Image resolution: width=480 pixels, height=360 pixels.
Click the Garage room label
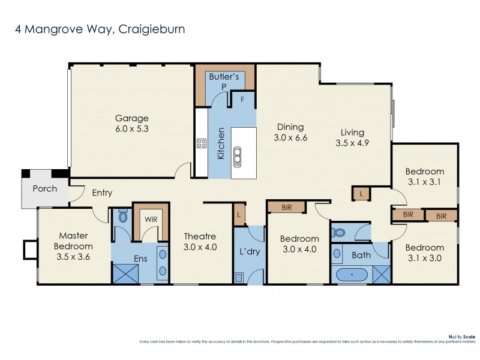[x=131, y=118]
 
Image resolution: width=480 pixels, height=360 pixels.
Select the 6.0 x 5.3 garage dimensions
[x=131, y=129]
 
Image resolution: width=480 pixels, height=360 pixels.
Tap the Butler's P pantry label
[x=224, y=81]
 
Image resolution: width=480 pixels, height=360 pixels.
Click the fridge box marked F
[x=242, y=100]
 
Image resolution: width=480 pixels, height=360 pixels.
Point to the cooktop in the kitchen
[x=202, y=143]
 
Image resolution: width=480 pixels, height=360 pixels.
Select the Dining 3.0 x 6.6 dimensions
[x=290, y=138]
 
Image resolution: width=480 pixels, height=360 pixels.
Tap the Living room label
[x=352, y=133]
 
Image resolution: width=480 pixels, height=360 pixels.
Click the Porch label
[x=44, y=188]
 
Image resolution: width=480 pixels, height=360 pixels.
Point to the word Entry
[x=102, y=193]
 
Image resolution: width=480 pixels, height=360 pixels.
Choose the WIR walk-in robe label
[x=151, y=219]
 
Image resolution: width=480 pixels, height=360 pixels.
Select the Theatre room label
[x=200, y=236]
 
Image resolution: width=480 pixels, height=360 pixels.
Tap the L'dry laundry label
[x=249, y=251]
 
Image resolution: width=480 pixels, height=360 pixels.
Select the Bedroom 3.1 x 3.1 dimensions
[x=424, y=182]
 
